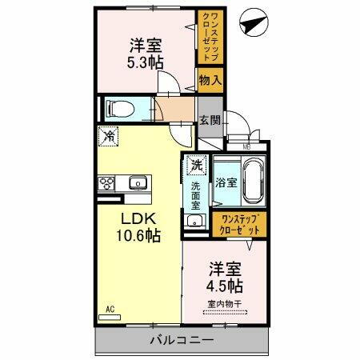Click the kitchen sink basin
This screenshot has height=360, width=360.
pos(138,183)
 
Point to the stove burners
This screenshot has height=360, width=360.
pos(106,183)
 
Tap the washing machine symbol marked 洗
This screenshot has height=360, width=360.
pos(195,166)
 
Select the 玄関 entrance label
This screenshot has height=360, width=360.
pos(209,121)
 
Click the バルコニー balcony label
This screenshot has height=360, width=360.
pos(181,341)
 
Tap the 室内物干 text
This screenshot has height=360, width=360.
pos(226,302)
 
